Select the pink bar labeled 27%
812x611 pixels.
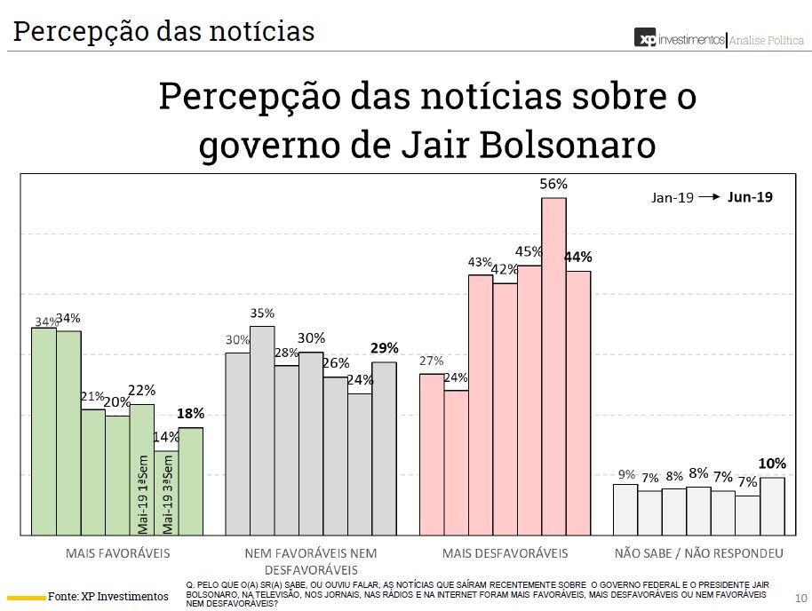pyautogui.click(x=432, y=454)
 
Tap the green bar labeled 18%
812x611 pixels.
pyautogui.click(x=190, y=480)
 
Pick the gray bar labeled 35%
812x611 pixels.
pyautogui.click(x=262, y=430)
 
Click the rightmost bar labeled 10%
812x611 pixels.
pyautogui.click(x=772, y=506)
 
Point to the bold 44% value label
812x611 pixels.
pyautogui.click(x=578, y=258)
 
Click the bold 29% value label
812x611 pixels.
pyautogui.click(x=385, y=348)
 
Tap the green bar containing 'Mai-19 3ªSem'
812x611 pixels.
pyautogui.click(x=166, y=493)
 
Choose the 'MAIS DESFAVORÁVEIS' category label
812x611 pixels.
pyautogui.click(x=505, y=553)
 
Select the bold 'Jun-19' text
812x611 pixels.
pyautogui.click(x=750, y=197)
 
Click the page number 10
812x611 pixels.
pyautogui.click(x=800, y=597)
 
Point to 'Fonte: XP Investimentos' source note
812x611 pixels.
pyautogui.click(x=107, y=595)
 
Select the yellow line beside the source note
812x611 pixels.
pyautogui.click(x=27, y=596)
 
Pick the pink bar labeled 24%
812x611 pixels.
pyautogui.click(x=457, y=462)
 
